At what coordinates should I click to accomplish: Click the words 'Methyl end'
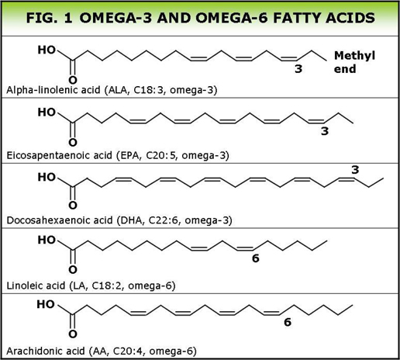point(354,62)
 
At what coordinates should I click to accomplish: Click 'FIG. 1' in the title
point(50,18)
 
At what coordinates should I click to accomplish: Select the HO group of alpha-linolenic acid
point(47,50)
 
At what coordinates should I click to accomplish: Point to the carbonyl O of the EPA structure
point(73,142)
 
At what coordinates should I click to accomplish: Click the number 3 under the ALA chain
point(298,69)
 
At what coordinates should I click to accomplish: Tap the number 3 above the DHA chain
point(355,170)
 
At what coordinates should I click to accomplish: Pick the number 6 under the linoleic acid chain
point(255,258)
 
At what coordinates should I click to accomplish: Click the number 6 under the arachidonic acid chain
point(288,322)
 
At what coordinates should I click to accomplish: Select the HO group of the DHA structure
point(47,177)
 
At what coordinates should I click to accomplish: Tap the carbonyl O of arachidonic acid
point(73,334)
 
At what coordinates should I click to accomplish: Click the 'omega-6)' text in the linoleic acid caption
point(152,286)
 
